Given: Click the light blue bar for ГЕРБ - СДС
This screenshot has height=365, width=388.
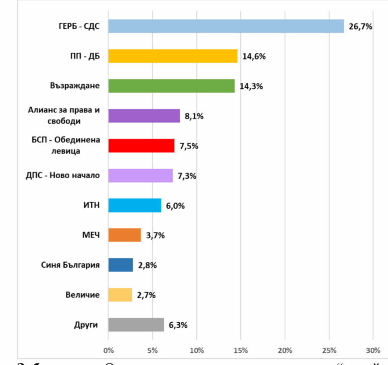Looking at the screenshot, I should coord(226,26).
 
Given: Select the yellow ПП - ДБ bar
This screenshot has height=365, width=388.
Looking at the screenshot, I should coord(173,56).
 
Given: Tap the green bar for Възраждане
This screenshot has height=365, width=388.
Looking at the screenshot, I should coord(171,86).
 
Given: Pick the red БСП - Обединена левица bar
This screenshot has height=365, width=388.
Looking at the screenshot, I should coord(141,146).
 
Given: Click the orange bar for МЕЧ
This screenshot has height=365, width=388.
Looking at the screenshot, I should coord(124,235).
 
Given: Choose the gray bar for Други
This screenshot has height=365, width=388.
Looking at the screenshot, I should coord(136,325).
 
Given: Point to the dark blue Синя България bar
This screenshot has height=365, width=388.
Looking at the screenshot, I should coord(120,265).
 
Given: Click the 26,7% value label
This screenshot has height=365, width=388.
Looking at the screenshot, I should coord(361,27).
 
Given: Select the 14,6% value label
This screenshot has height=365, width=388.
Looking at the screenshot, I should coord(253,57).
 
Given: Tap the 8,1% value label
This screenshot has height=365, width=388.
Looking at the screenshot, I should coord(194,116).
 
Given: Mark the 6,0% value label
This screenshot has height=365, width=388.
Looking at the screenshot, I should coord(175,206).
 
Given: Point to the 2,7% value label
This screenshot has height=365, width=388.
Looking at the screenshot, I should coord(146,295).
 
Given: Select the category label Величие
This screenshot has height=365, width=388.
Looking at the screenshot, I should coord(84,295).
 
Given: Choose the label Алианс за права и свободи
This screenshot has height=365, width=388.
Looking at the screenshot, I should coord(64,115).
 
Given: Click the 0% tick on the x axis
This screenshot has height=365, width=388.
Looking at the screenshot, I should coord(109,351).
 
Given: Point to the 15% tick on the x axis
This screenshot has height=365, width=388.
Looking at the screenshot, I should coord(241,351).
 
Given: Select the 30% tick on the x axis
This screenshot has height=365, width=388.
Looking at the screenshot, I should coord(372,351).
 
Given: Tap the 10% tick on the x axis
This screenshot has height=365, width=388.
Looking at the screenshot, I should coord(197,351).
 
